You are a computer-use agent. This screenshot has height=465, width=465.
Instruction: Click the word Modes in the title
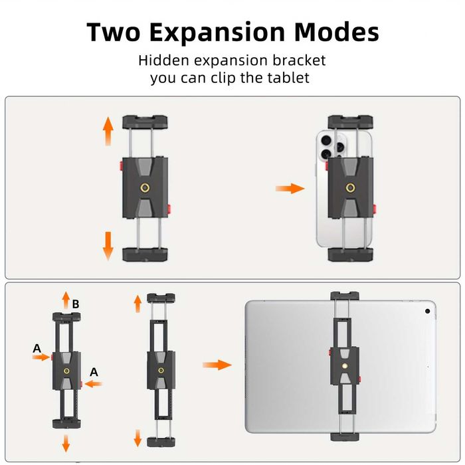pos(337,32)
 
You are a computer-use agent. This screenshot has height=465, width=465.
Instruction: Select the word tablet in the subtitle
pos(288,78)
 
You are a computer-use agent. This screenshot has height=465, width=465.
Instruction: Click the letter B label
pos(76,304)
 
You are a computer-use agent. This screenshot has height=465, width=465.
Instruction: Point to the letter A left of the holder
pos(37,348)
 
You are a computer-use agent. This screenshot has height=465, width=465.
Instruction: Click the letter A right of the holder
pos(94,372)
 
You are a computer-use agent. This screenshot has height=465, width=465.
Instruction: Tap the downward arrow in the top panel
pos(108,246)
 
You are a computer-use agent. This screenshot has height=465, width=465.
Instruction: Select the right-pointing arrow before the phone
pos(290,189)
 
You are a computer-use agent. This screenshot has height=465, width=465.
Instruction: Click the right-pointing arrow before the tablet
pos(217,365)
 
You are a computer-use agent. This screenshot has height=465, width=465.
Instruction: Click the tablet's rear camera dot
pos(428,310)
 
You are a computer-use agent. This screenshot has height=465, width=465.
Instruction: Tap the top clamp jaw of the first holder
pos(145,122)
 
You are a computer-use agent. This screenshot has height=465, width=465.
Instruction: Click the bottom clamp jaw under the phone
pos(351,254)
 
